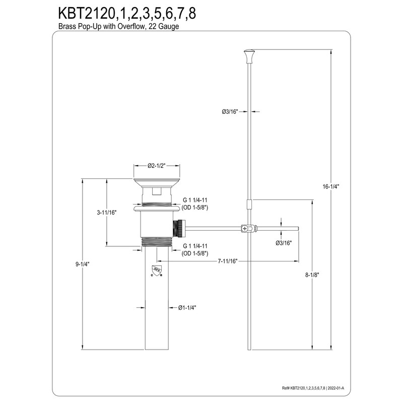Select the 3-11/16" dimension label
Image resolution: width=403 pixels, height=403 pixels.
pos(106,213)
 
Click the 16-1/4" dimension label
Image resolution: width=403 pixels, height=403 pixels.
pos(331,186)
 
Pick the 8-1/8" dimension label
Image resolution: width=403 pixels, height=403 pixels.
pos(313,275)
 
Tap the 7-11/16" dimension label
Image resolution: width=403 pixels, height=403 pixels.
pos(228,261)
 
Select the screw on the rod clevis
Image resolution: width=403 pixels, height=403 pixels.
pos(245,228)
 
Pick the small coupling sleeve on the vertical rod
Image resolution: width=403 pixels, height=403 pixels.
pos(249,205)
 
